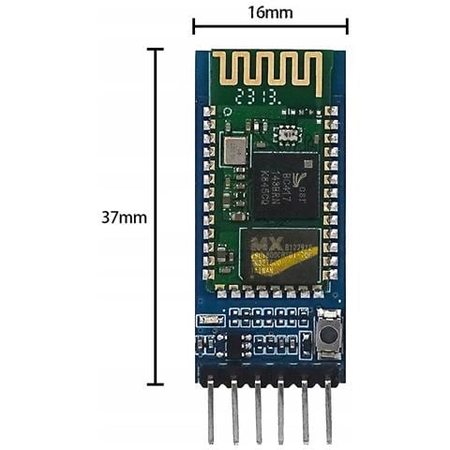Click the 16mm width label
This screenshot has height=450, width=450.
pos(269,12)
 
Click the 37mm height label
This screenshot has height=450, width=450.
pos(124,217)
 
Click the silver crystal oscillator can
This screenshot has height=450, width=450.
pos(233,148)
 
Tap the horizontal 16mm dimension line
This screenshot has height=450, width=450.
pos(269,27)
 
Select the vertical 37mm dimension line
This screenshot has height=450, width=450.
pos(156,217)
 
